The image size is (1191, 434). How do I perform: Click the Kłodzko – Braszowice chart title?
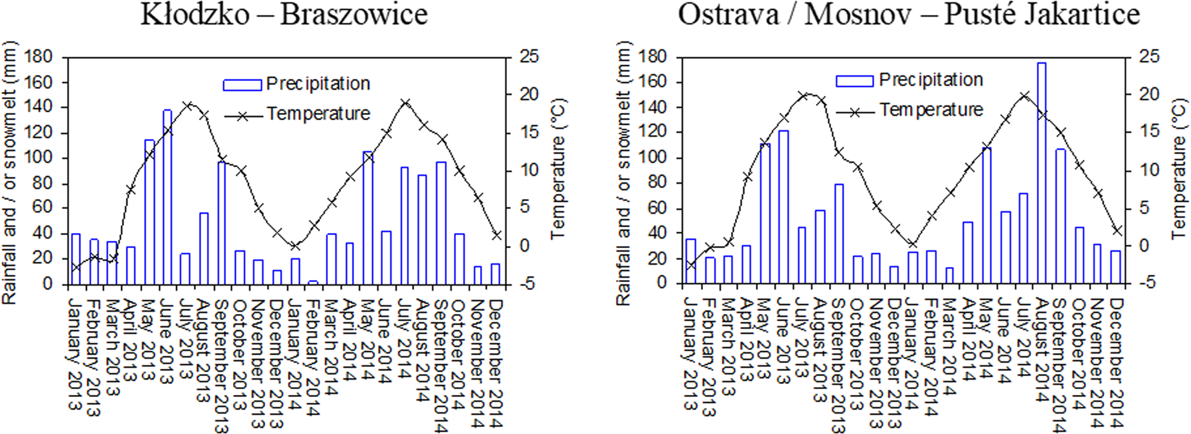(283, 14)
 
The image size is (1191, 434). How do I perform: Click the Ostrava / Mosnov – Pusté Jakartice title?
(908, 14)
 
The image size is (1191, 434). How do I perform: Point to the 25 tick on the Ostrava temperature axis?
(1148, 56)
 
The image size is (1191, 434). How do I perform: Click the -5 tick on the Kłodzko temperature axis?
(529, 284)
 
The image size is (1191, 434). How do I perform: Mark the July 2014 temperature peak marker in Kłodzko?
(405, 103)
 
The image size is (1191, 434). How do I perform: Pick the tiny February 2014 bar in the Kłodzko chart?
(313, 282)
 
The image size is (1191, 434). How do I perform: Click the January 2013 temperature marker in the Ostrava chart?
(690, 265)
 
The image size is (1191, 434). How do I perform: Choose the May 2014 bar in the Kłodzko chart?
(368, 217)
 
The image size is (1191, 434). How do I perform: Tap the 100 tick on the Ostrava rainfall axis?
(653, 158)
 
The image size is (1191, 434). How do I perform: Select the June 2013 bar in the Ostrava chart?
(783, 207)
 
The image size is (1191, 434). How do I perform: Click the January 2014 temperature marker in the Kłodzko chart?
(295, 246)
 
